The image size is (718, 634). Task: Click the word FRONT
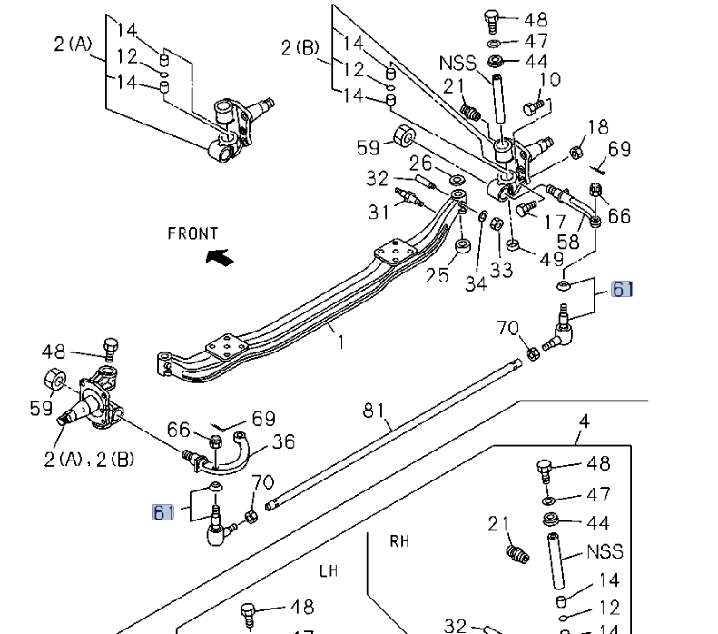192,233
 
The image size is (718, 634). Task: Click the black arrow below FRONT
219,258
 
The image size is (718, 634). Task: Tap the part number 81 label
375,410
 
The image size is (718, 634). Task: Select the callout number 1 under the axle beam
341,342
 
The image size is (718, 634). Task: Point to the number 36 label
284,441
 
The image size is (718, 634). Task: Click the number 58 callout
568,242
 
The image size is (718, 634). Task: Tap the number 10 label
550,81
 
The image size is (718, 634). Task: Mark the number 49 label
551,260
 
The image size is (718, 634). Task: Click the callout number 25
438,273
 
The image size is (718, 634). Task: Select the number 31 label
379,212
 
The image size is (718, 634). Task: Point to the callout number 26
420,163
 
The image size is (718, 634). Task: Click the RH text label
399,541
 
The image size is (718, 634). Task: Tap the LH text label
328,572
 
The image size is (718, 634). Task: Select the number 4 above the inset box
584,421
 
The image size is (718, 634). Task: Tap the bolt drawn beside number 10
533,107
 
